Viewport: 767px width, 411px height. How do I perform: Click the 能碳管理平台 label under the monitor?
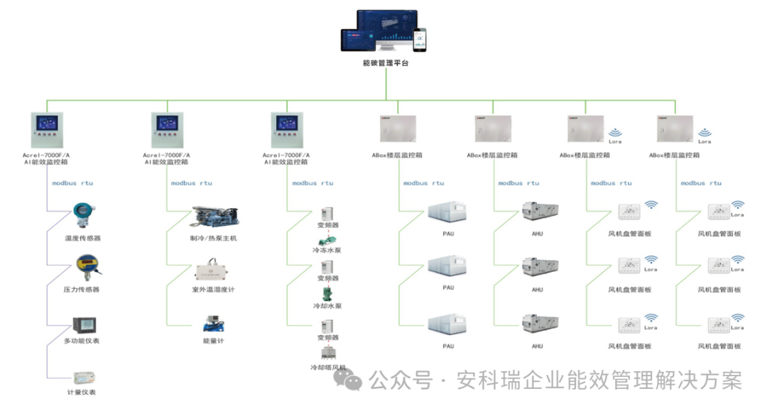coord(386,63)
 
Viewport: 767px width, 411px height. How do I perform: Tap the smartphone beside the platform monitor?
coord(420,40)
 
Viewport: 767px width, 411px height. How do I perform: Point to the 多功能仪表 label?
coord(82,341)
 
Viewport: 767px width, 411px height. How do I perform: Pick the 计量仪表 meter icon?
coord(85,377)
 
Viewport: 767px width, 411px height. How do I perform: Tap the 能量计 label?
coord(213,341)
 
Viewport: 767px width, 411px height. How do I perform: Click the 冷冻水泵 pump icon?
coord(327,241)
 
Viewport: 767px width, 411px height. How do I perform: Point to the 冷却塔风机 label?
coord(327,368)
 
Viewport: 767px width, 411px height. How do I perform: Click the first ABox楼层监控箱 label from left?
coord(396,155)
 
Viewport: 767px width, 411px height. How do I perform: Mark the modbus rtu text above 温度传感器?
coord(72,183)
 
